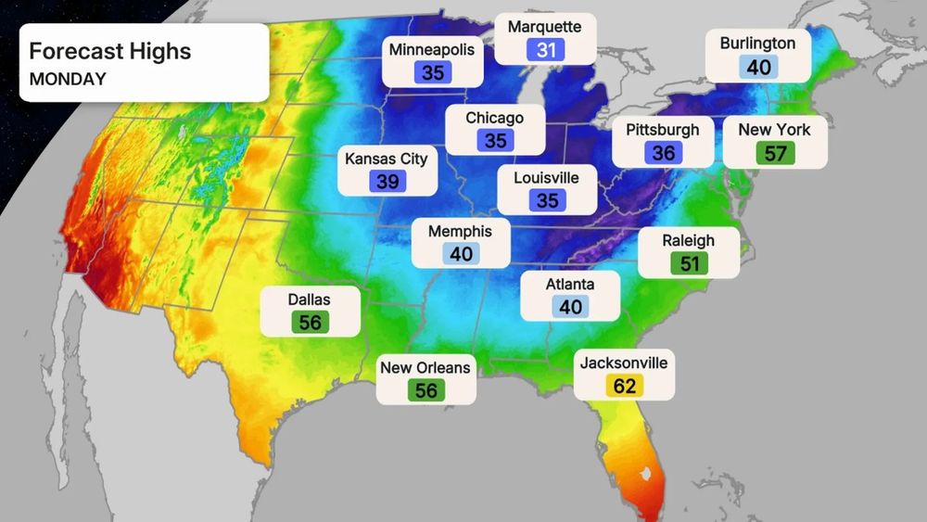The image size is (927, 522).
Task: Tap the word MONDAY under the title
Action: pyautogui.click(x=68, y=79)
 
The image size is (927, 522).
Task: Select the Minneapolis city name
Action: pyautogui.click(x=433, y=49)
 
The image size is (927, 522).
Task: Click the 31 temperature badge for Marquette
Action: pyautogui.click(x=545, y=50)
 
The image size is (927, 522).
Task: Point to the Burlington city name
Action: pyautogui.click(x=757, y=44)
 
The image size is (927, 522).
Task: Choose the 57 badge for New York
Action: pyautogui.click(x=774, y=153)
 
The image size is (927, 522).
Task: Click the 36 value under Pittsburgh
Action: pyautogui.click(x=663, y=152)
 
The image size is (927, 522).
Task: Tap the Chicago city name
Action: pyautogui.click(x=494, y=118)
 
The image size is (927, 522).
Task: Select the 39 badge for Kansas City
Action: pyautogui.click(x=387, y=182)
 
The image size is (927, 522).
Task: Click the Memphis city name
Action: pyautogui.click(x=460, y=231)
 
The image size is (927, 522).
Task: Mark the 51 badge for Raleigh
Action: pyautogui.click(x=688, y=263)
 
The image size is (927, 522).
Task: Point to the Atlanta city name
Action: pyautogui.click(x=570, y=284)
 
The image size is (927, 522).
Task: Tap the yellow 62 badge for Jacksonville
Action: pyautogui.click(x=624, y=386)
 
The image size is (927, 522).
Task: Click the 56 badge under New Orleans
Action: pyautogui.click(x=425, y=390)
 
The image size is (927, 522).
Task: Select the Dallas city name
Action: pyautogui.click(x=309, y=299)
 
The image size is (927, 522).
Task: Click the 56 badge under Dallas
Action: pyautogui.click(x=309, y=323)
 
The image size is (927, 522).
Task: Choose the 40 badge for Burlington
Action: pyautogui.click(x=757, y=68)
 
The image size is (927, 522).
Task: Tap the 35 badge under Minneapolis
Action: pyautogui.click(x=433, y=72)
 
